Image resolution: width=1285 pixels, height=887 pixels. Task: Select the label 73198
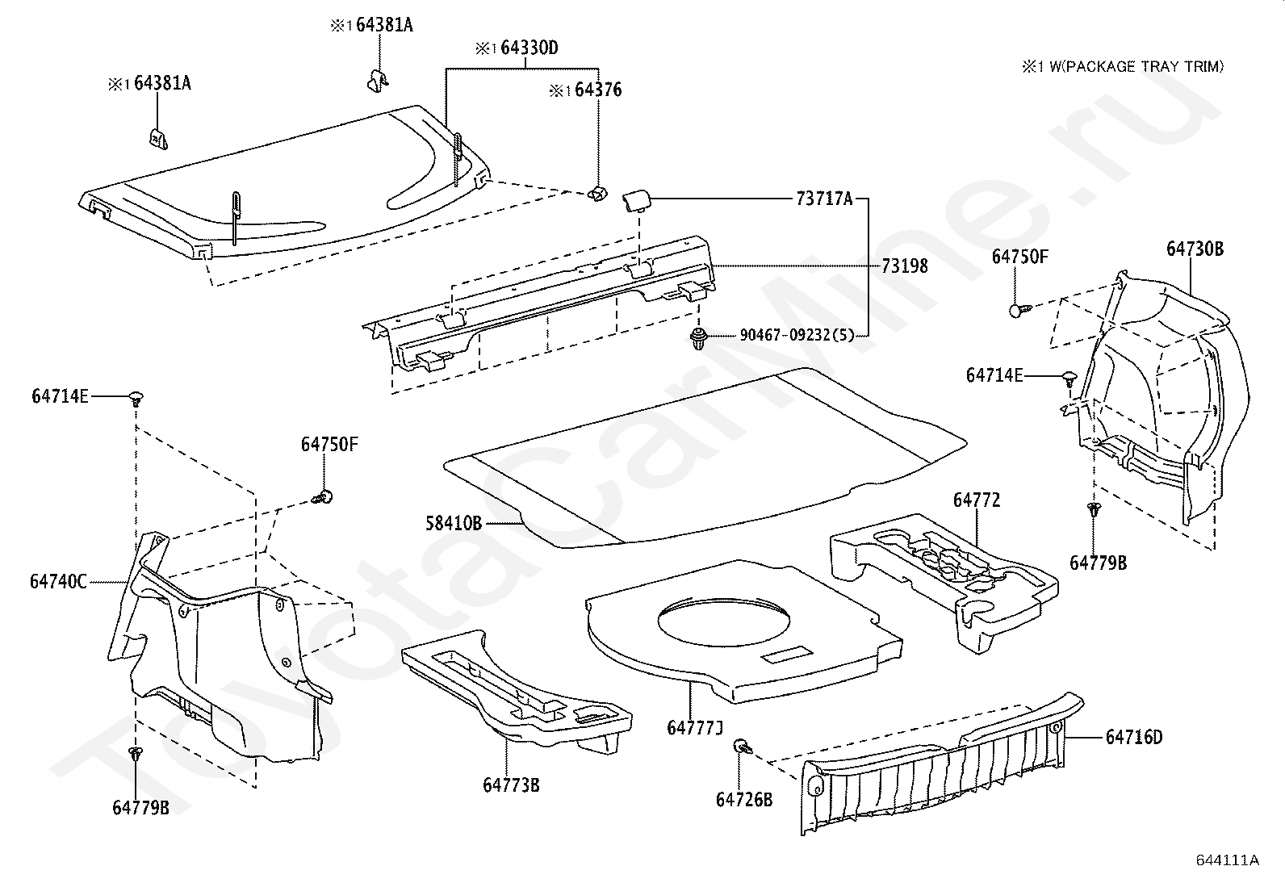click(x=904, y=266)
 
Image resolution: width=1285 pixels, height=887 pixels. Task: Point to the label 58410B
click(x=454, y=523)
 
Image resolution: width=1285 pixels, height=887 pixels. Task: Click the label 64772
click(x=977, y=500)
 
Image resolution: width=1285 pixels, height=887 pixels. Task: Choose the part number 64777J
click(x=695, y=728)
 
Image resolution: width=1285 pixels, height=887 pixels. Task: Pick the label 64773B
click(x=511, y=784)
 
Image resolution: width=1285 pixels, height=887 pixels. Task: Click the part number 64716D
click(x=1134, y=738)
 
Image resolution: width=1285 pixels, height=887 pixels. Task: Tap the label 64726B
click(x=744, y=799)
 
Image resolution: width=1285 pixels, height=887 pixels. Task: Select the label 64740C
click(x=58, y=581)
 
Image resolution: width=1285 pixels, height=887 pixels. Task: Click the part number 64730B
click(x=1195, y=249)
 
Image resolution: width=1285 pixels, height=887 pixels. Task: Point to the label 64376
click(x=598, y=90)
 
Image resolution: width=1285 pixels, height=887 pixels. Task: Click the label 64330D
click(x=529, y=48)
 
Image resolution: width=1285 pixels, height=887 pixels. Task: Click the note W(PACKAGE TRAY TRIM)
click(x=1138, y=67)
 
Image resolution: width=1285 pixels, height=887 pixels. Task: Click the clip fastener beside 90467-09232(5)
click(x=697, y=339)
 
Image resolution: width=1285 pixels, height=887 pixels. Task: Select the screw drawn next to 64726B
click(x=742, y=748)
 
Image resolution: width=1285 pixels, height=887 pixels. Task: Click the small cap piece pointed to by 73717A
click(x=635, y=200)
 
